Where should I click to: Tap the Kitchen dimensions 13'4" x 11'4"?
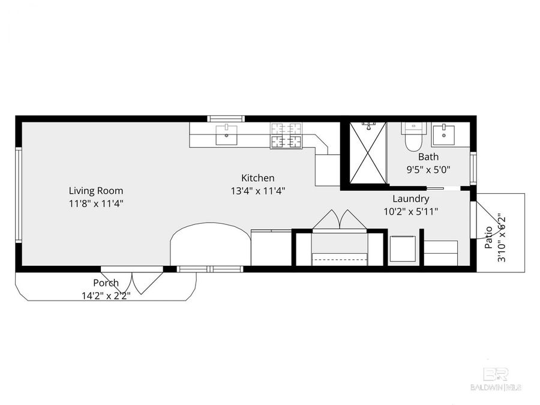point(258,191)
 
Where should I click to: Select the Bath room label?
point(428,157)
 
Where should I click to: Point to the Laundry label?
point(410,199)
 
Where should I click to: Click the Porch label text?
point(106,283)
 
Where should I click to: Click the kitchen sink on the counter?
point(226,135)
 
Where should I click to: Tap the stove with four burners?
point(286,135)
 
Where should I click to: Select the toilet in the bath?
point(414,138)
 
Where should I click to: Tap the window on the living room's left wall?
point(19,195)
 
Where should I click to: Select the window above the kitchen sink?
point(226,119)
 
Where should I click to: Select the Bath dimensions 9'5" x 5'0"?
point(428,169)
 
